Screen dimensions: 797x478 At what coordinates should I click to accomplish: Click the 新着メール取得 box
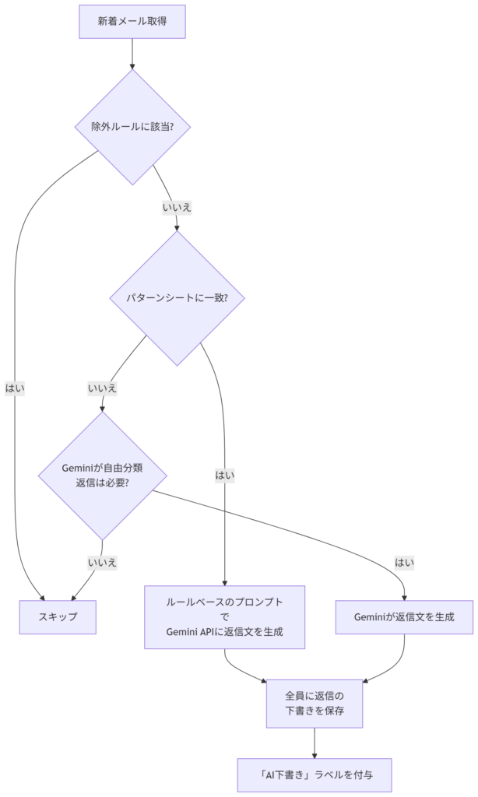click(132, 22)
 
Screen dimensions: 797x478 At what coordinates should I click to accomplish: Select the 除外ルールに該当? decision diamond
click(132, 127)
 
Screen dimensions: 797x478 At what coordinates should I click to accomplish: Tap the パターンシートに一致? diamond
click(177, 298)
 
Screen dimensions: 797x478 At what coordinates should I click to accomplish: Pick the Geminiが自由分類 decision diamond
click(101, 475)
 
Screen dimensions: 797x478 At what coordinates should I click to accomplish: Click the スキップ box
click(58, 616)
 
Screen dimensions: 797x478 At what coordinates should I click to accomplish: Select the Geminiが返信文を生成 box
click(404, 616)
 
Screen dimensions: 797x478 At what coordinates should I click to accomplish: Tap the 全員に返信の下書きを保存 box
click(315, 703)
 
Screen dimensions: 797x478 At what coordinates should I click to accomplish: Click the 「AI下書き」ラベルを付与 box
click(315, 775)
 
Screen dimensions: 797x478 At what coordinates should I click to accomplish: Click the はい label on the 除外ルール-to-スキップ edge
click(15, 387)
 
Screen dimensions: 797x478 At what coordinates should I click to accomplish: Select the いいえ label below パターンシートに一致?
click(102, 387)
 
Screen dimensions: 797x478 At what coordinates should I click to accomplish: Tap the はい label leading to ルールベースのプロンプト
click(225, 474)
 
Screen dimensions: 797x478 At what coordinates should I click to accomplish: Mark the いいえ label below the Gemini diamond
click(102, 562)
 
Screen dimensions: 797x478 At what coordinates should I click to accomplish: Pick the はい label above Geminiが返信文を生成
click(404, 562)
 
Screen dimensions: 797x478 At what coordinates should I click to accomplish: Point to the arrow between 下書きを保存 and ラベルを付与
click(315, 743)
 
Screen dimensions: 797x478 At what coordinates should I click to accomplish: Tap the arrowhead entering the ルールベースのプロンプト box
click(225, 582)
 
